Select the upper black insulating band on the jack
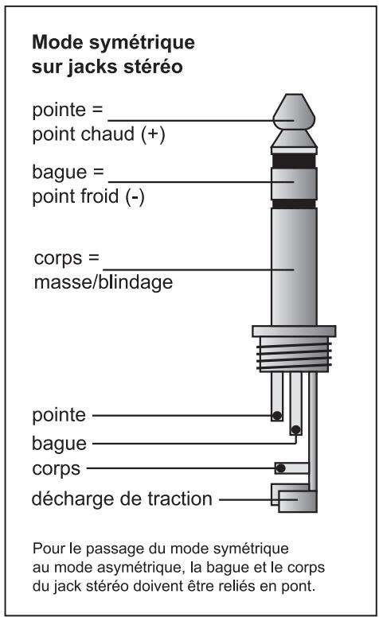294,159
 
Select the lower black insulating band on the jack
294,204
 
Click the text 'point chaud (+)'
97,135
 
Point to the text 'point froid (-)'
88,197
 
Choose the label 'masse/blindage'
103,282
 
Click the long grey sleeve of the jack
294,266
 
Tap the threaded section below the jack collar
294,355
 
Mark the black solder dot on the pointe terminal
275,416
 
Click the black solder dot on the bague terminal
295,430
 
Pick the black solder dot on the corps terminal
279,468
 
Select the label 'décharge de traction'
121,499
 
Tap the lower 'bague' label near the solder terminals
60,442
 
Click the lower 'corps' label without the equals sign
56,468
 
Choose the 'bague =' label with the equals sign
67,172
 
